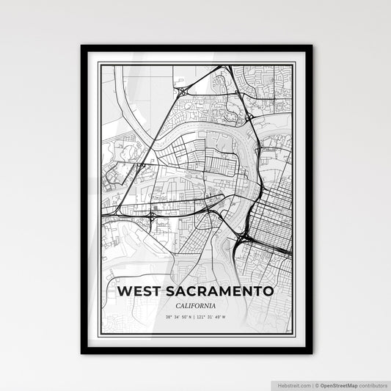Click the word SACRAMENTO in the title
(x=220, y=291)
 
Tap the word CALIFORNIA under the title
(x=195, y=305)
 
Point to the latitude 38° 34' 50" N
(x=178, y=317)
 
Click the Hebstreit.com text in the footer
(x=293, y=384)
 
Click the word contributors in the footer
(x=373, y=384)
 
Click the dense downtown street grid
(x=273, y=220)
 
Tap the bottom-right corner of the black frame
(x=311, y=353)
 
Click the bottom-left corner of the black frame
(x=82, y=353)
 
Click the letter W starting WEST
(x=123, y=291)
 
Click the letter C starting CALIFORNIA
(x=178, y=305)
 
